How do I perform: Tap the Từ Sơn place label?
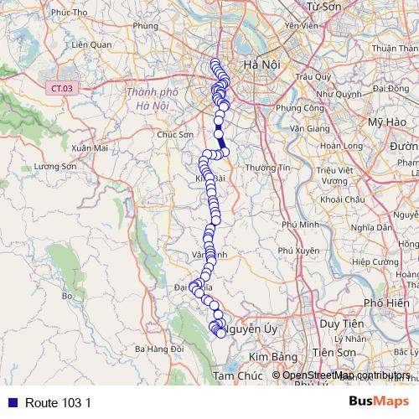[x=326, y=7]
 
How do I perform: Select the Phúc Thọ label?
[x=45, y=12]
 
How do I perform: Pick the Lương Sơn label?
[x=55, y=167]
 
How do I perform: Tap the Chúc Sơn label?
[x=175, y=133]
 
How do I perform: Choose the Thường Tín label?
[x=266, y=168]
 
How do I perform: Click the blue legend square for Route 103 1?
[x=9, y=402]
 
